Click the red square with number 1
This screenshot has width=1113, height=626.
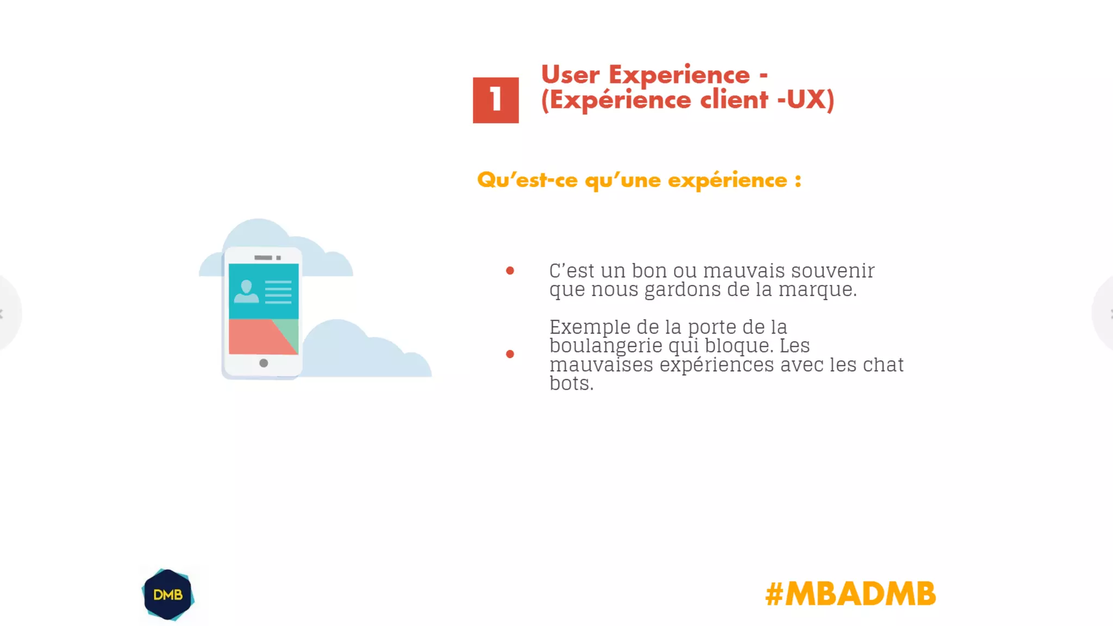pyautogui.click(x=496, y=100)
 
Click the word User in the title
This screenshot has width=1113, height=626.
pyautogui.click(x=570, y=74)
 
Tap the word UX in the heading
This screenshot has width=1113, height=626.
pyautogui.click(x=806, y=99)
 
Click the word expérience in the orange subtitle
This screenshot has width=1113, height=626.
pyautogui.click(x=727, y=180)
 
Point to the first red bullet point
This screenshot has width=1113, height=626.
pyautogui.click(x=510, y=271)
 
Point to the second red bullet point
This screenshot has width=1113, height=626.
pyautogui.click(x=510, y=354)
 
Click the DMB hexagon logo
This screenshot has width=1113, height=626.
pyautogui.click(x=168, y=594)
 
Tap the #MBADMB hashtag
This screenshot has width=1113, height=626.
pyautogui.click(x=850, y=593)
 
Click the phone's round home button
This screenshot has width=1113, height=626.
pyautogui.click(x=264, y=363)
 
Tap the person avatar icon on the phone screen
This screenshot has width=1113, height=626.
pyautogui.click(x=246, y=292)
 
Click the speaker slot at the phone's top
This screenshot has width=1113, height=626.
pyautogui.click(x=263, y=258)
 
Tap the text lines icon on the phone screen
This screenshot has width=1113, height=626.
pyautogui.click(x=278, y=292)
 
